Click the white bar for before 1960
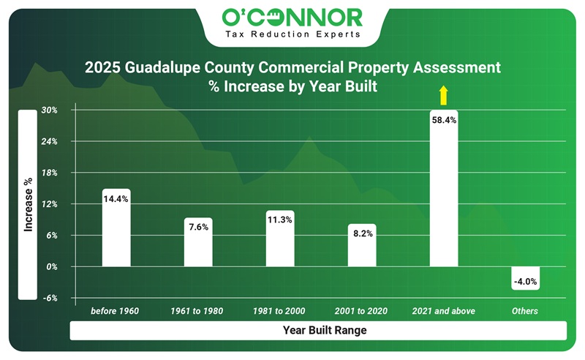click(x=116, y=234)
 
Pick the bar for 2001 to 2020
click(x=362, y=249)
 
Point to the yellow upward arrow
click(x=442, y=95)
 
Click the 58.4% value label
click(x=444, y=120)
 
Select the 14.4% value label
click(x=116, y=199)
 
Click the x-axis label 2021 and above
click(x=444, y=311)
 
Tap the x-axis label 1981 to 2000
click(x=280, y=311)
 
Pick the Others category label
click(x=526, y=311)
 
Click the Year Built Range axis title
click(x=324, y=331)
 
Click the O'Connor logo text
click(x=292, y=16)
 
